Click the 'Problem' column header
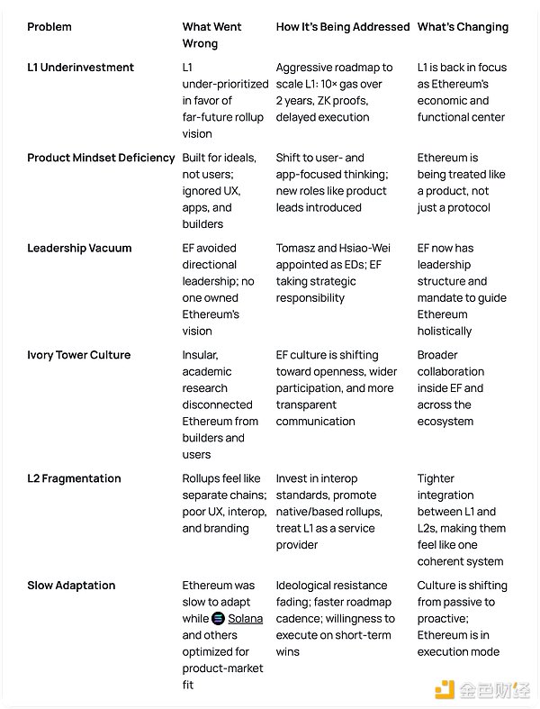(x=50, y=27)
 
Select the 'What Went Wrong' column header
(x=211, y=35)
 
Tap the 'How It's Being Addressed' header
(x=342, y=27)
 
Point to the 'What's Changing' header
(x=463, y=27)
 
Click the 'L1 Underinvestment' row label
(x=80, y=68)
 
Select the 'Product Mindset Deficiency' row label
(x=101, y=158)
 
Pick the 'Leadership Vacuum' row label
(x=79, y=248)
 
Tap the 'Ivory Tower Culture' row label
(x=78, y=355)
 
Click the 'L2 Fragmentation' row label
(x=74, y=478)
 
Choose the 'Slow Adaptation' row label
(x=71, y=586)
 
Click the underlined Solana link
(x=245, y=619)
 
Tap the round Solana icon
(x=218, y=619)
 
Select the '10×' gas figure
(x=337, y=84)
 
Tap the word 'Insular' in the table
(x=200, y=355)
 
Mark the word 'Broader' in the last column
(x=438, y=355)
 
